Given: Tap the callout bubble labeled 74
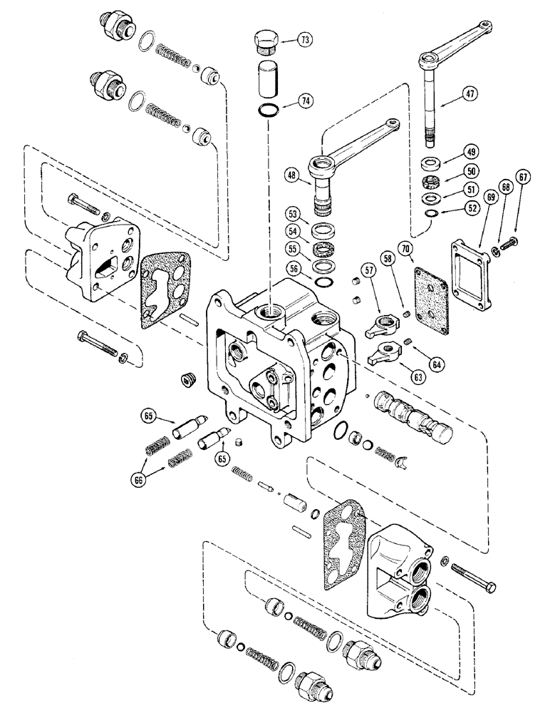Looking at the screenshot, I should (304, 102).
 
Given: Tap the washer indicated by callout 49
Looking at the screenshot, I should (432, 162).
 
